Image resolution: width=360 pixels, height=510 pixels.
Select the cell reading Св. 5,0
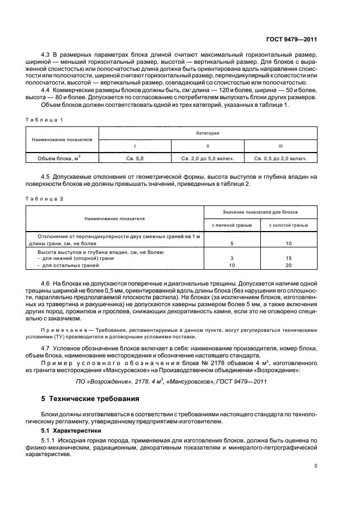135,159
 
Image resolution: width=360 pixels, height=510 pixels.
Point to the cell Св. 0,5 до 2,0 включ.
280,159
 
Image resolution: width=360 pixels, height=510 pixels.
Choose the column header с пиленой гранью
232,224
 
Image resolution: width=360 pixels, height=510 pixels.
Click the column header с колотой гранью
289,224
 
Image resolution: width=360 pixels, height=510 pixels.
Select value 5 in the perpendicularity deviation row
232,244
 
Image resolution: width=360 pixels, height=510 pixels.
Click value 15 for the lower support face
289,258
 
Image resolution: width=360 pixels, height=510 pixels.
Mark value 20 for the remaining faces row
289,265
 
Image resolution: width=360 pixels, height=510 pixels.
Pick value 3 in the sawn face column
232,258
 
